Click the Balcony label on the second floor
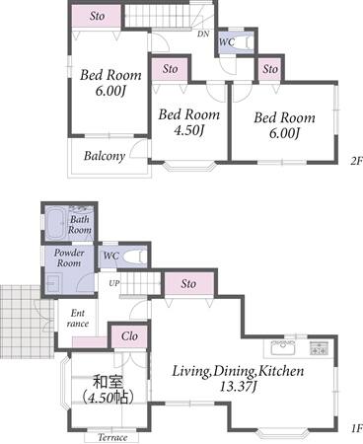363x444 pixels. (x=105, y=156)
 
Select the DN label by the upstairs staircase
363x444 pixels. (x=203, y=34)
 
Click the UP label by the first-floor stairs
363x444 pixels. (x=113, y=283)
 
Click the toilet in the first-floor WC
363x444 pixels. (x=135, y=257)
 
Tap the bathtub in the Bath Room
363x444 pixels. (x=55, y=223)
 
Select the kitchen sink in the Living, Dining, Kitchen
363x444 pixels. (x=283, y=347)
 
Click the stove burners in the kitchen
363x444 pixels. (x=320, y=348)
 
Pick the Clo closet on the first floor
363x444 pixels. (x=129, y=336)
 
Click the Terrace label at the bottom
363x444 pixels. (x=112, y=438)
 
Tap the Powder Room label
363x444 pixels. (x=69, y=258)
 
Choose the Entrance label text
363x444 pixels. (x=78, y=318)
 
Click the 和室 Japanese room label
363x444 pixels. (x=108, y=382)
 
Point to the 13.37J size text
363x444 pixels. (x=238, y=387)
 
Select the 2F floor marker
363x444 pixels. (x=356, y=161)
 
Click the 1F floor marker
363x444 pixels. (x=356, y=428)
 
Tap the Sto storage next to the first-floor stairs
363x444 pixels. (x=189, y=284)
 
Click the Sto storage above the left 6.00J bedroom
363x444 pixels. (x=97, y=16)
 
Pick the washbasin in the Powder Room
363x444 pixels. (x=53, y=283)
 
